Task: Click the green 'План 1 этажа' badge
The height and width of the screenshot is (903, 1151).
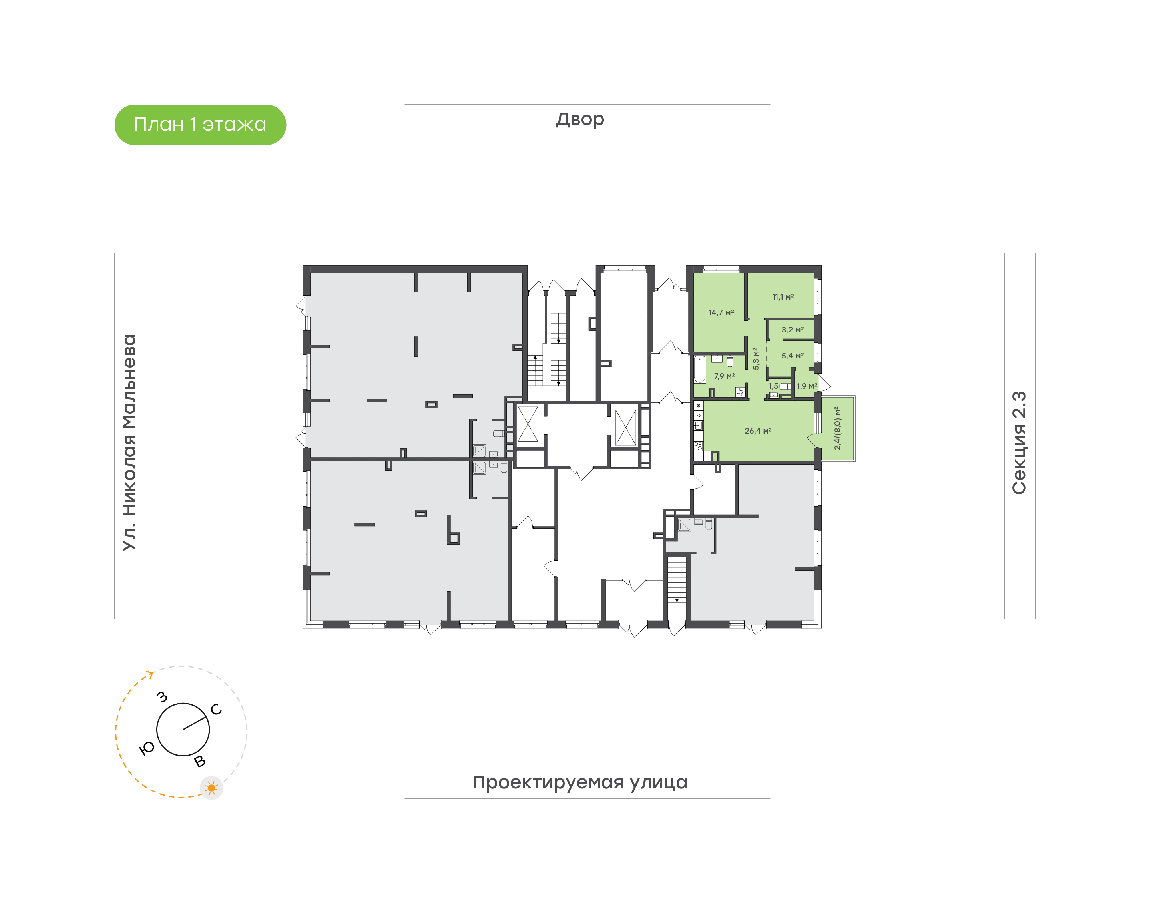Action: [200, 125]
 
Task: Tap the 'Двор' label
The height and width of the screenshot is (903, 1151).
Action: [579, 119]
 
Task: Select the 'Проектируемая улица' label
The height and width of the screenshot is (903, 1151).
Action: [579, 782]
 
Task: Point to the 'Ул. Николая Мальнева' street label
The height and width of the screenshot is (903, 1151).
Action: [129, 443]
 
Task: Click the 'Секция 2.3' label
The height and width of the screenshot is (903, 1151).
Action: [1018, 443]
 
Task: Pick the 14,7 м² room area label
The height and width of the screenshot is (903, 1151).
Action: [721, 312]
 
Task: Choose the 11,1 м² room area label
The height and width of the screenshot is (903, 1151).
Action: [783, 297]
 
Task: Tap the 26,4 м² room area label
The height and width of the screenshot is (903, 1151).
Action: [758, 431]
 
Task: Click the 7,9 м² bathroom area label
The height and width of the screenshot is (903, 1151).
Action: [724, 376]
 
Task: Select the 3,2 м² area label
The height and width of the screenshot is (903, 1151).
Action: [792, 330]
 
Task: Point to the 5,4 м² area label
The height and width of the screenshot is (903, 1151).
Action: [792, 356]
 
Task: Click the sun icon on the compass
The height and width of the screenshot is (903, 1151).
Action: [211, 788]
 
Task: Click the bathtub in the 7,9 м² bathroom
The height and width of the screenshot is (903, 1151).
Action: [699, 369]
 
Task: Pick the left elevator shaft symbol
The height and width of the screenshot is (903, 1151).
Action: [527, 424]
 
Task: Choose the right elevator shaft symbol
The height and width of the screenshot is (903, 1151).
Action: [625, 427]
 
